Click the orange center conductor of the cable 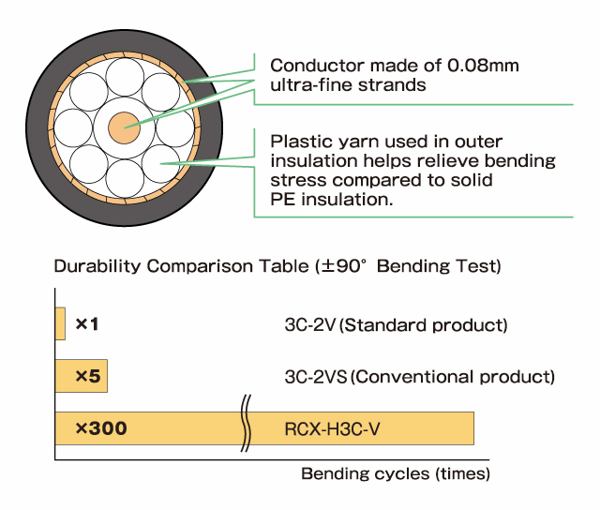click(122, 126)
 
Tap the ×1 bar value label click(87, 324)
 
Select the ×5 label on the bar click(87, 376)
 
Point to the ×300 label click(100, 428)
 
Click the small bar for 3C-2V click(60, 323)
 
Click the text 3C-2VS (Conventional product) click(419, 377)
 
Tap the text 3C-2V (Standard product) click(395, 325)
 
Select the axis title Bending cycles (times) click(395, 473)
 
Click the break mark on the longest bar click(247, 427)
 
